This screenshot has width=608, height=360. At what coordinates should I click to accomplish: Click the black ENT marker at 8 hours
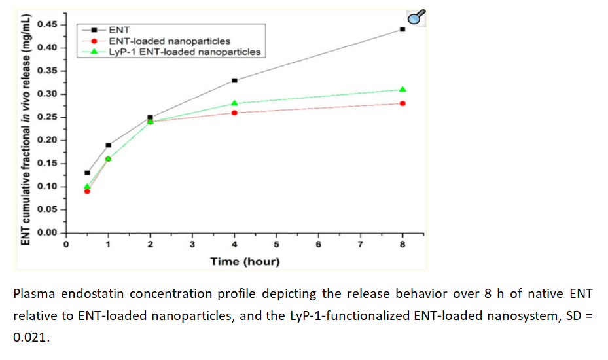point(402,29)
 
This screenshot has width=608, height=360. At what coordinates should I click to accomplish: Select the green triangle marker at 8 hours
point(402,89)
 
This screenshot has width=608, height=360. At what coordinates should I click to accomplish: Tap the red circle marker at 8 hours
point(402,103)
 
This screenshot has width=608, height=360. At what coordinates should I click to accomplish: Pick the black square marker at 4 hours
point(234,81)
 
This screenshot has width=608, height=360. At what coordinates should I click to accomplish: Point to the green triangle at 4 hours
point(234,103)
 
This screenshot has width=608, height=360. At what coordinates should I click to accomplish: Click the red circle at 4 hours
point(234,113)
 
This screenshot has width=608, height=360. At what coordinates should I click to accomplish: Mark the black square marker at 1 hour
point(108,145)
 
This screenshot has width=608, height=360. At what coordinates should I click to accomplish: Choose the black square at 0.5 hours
point(87,173)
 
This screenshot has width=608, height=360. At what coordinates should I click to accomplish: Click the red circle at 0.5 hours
point(87,191)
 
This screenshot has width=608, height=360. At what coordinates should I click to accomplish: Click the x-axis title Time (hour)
point(245,262)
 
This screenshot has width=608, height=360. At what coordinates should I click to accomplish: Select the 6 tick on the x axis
point(318,245)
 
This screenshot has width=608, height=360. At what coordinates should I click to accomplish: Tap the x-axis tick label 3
point(192,245)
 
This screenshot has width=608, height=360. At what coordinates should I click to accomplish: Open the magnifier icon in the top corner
point(417,18)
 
